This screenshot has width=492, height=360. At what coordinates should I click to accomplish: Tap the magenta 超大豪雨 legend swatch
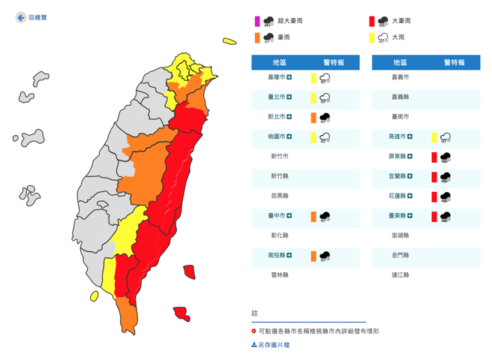point(257,21)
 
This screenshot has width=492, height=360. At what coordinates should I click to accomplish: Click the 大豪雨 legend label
point(401,21)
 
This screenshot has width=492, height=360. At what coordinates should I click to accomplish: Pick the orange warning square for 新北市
point(313,117)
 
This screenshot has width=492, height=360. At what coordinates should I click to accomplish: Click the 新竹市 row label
point(280,157)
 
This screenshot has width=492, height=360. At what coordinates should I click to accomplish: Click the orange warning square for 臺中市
point(313,217)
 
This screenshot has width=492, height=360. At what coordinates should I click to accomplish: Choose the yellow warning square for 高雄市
point(434,137)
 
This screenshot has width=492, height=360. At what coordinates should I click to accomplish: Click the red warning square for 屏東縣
point(434,157)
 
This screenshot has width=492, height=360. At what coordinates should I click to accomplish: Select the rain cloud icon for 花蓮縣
point(446,196)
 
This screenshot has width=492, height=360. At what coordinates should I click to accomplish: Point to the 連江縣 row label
point(400,275)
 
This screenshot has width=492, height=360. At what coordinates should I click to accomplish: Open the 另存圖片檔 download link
point(274,345)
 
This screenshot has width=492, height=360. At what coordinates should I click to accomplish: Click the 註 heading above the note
point(255,313)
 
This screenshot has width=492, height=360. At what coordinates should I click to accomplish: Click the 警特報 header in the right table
point(454,63)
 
